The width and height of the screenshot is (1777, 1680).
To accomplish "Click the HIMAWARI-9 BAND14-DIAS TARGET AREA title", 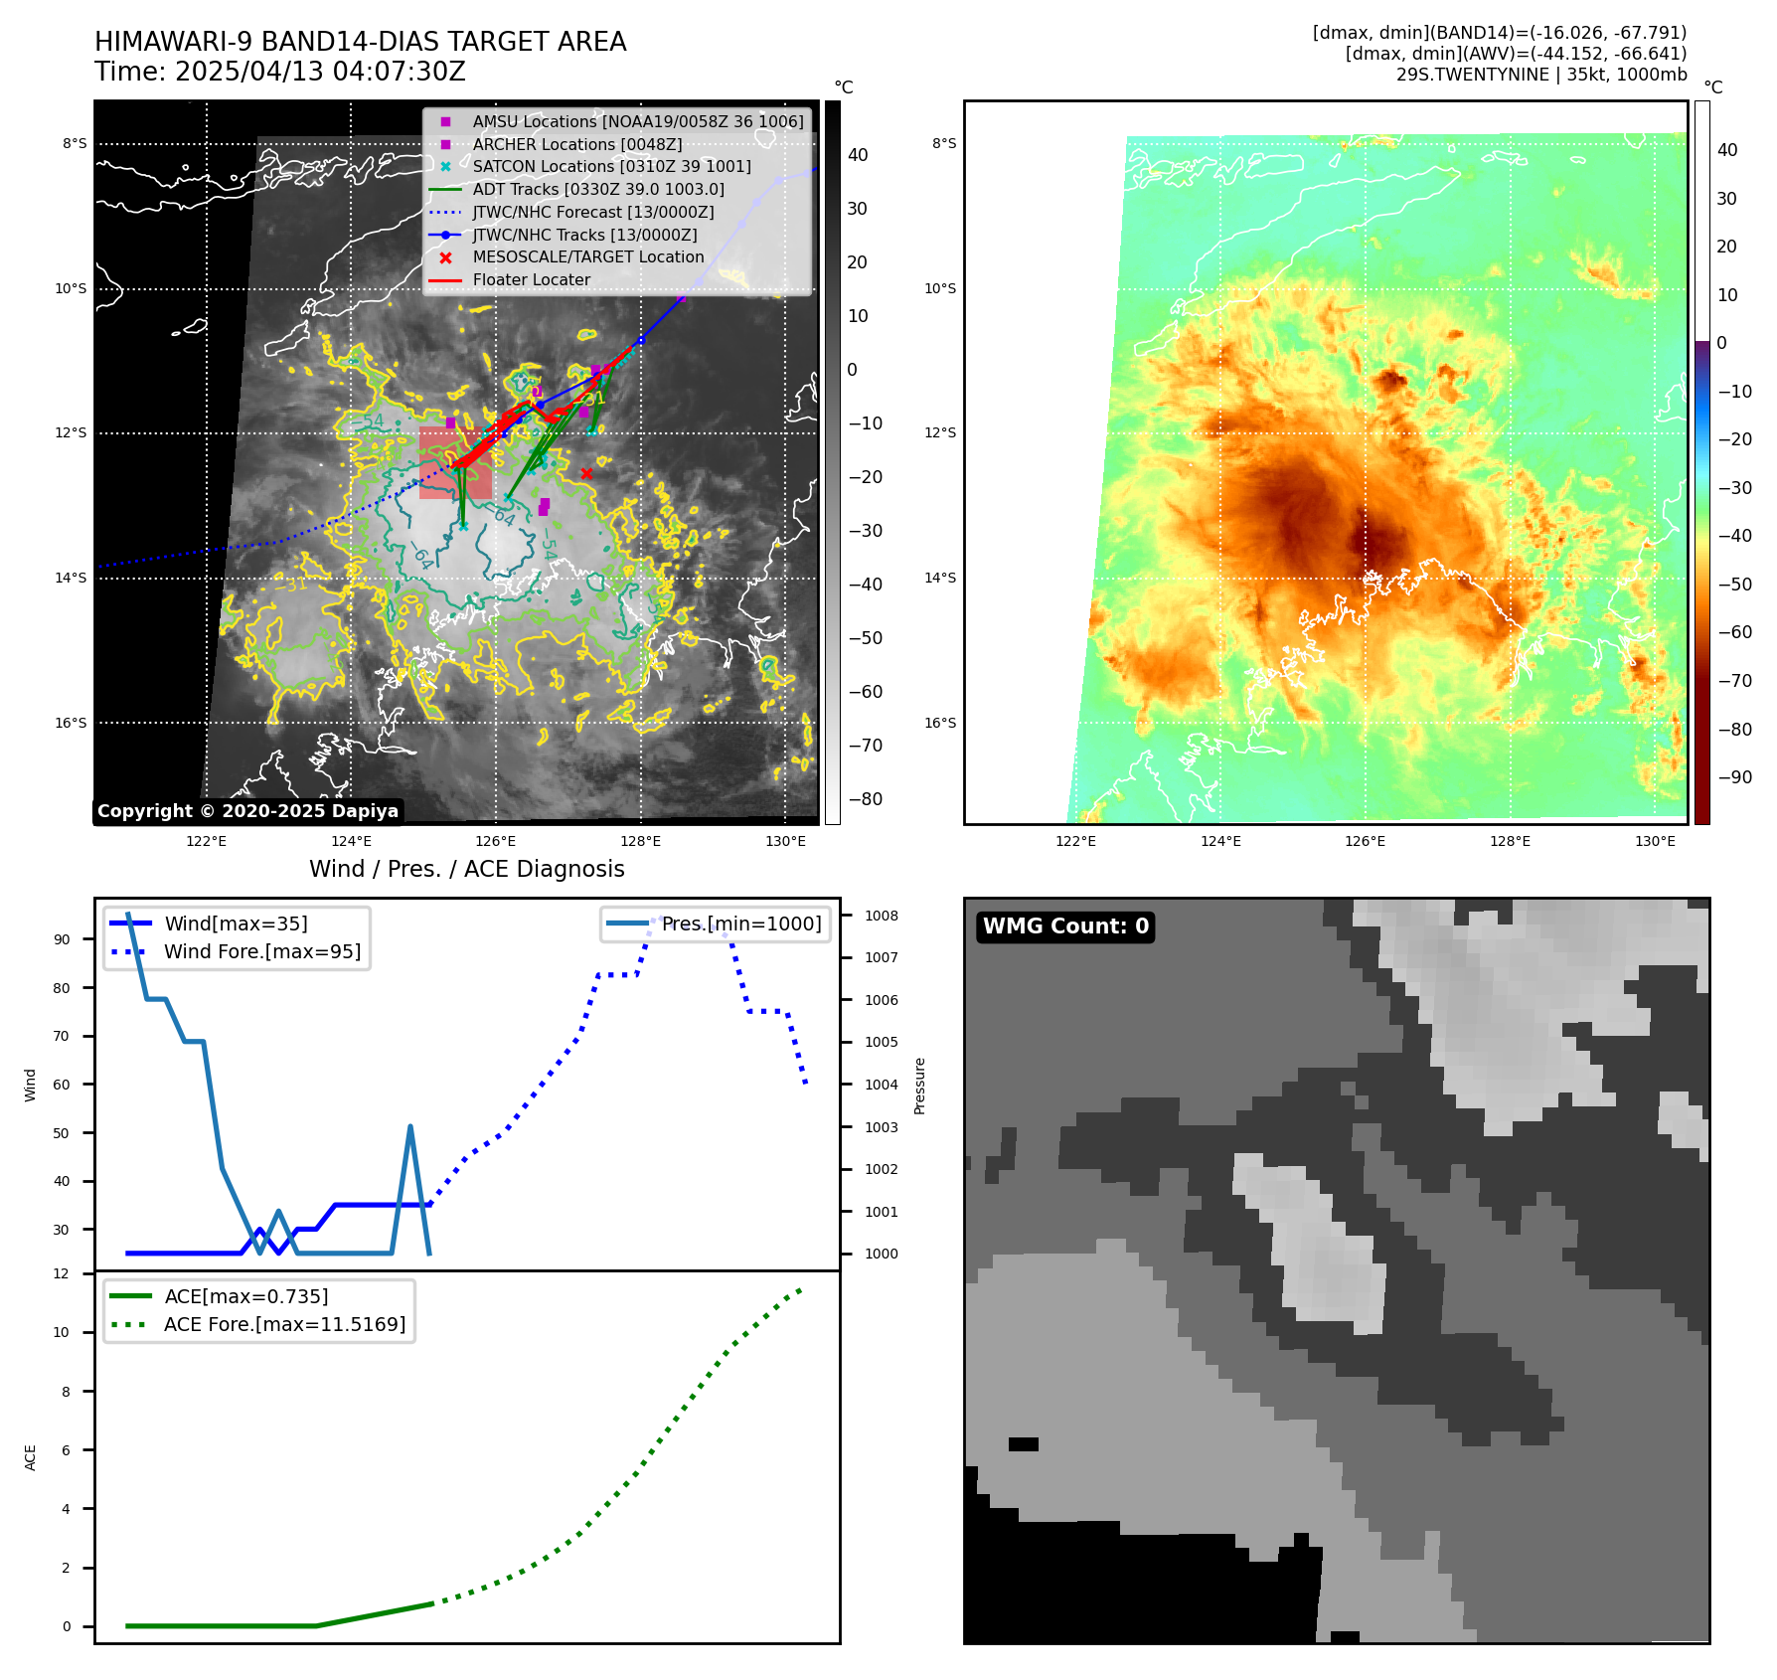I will pos(360,42).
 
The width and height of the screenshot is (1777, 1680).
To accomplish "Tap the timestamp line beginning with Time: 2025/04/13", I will pos(279,72).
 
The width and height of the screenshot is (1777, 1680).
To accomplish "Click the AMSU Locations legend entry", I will pos(637,121).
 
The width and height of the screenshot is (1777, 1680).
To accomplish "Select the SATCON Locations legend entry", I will pos(611,166).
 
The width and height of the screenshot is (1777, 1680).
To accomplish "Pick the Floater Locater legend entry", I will pos(531,279).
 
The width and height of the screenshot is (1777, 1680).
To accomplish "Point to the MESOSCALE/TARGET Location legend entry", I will pos(587,256).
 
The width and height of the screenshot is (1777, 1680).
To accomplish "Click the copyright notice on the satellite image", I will pos(247,811).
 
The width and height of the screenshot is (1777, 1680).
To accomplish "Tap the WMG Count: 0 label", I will pos(1065,926).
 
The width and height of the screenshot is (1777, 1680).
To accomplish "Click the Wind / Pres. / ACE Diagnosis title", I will pos(466,869).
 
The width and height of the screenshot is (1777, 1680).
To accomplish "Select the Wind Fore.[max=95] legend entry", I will pos(262,951).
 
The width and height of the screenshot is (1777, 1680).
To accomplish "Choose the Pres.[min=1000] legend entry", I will pos(741,924).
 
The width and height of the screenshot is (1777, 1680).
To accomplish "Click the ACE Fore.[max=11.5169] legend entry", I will pos(284,1324).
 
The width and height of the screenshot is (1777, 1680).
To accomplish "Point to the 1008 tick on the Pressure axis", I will pos(881,916).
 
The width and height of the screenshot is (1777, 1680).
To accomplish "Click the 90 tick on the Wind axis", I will pos(62,939).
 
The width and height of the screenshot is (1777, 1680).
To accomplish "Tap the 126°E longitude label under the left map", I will pos(495,841).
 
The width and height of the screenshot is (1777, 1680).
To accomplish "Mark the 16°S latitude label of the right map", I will pos(940,723).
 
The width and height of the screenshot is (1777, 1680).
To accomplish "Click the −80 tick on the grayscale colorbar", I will pos(865,799).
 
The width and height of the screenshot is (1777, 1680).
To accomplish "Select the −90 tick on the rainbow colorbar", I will pos(1734,777).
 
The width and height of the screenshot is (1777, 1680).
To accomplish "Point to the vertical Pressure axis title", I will pos(919,1085).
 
